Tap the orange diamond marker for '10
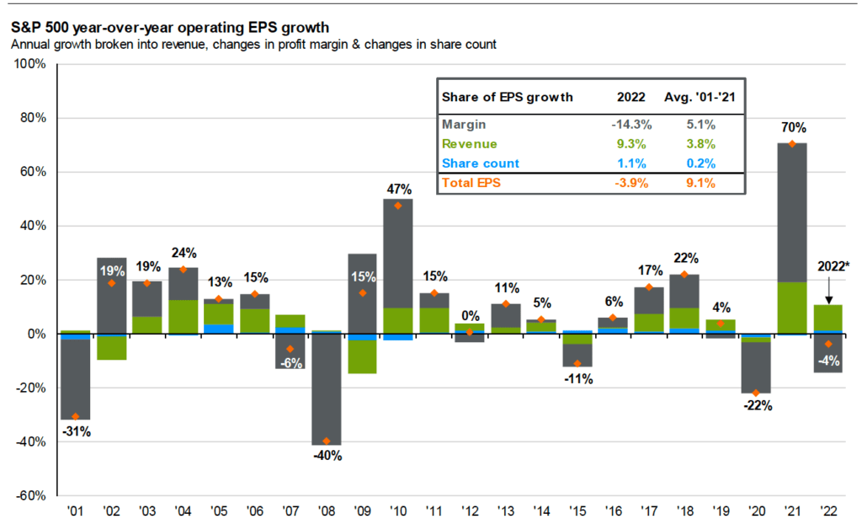(398, 206)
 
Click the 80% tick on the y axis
(32, 118)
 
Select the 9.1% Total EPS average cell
(700, 184)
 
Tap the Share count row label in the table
(481, 163)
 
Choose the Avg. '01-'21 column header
(700, 97)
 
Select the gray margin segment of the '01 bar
(76, 379)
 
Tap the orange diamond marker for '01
(76, 417)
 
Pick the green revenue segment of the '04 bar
(184, 317)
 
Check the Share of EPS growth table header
(507, 97)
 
